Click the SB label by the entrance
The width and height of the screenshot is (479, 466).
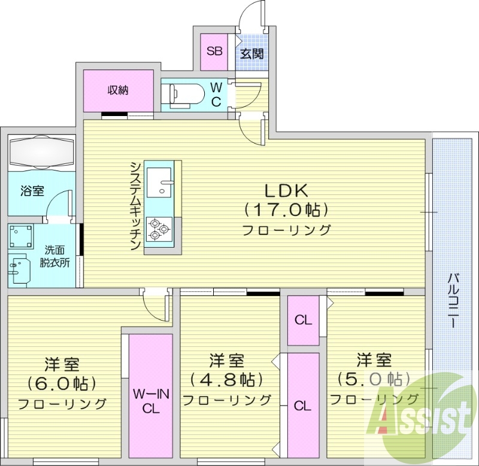[x=214, y=51]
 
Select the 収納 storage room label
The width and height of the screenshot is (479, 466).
[x=118, y=90]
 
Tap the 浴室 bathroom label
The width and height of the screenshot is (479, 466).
[x=32, y=191]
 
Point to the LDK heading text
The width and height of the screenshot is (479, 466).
[x=286, y=190]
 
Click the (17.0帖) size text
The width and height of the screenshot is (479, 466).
[x=286, y=210]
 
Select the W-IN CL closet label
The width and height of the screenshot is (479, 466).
[x=150, y=401]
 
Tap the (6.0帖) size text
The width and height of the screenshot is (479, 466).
[x=62, y=382]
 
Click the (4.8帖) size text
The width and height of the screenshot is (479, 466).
[x=227, y=379]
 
